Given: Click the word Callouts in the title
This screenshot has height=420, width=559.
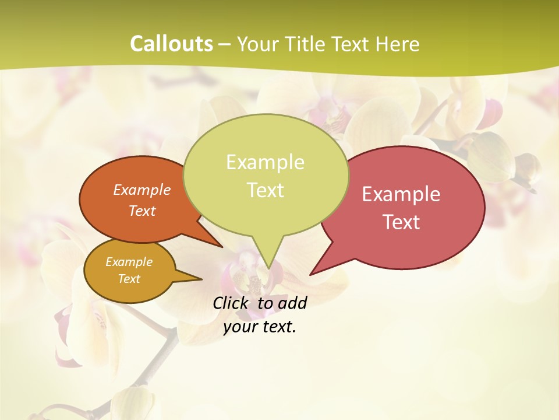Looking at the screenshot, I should tap(171, 44).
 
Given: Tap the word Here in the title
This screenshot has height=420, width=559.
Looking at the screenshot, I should tap(398, 44).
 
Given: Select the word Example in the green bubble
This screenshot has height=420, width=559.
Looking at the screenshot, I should tap(265, 162).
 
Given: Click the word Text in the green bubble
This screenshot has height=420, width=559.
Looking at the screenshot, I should tap(265, 190).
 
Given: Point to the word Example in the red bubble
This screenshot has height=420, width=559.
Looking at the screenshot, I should tap(401, 194).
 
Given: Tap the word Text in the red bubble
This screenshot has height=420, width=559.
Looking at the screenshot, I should tap(401, 222).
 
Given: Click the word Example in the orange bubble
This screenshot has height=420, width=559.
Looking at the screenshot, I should tap(142, 190).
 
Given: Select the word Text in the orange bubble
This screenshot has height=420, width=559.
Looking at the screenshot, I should tap(142, 211).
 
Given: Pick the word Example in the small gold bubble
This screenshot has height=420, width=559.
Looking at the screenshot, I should tap(129, 262).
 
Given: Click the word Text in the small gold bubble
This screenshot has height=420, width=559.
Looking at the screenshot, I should tap(129, 279).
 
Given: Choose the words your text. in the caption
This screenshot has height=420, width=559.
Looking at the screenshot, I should tap(260, 327).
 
